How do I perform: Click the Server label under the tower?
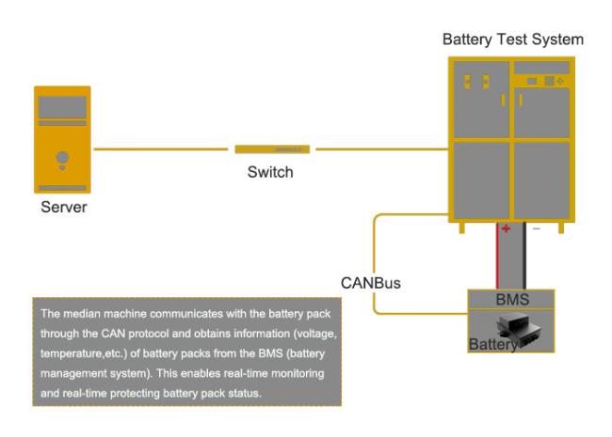62,208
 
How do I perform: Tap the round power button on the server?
62,156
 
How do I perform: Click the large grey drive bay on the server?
62,105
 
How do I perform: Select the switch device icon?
272,148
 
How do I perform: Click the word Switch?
270,172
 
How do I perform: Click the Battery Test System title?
512,40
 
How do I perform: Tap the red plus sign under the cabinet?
504,229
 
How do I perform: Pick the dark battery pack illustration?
518,327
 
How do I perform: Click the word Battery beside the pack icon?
491,345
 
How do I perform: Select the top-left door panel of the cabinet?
479,99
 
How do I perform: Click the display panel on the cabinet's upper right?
541,82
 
